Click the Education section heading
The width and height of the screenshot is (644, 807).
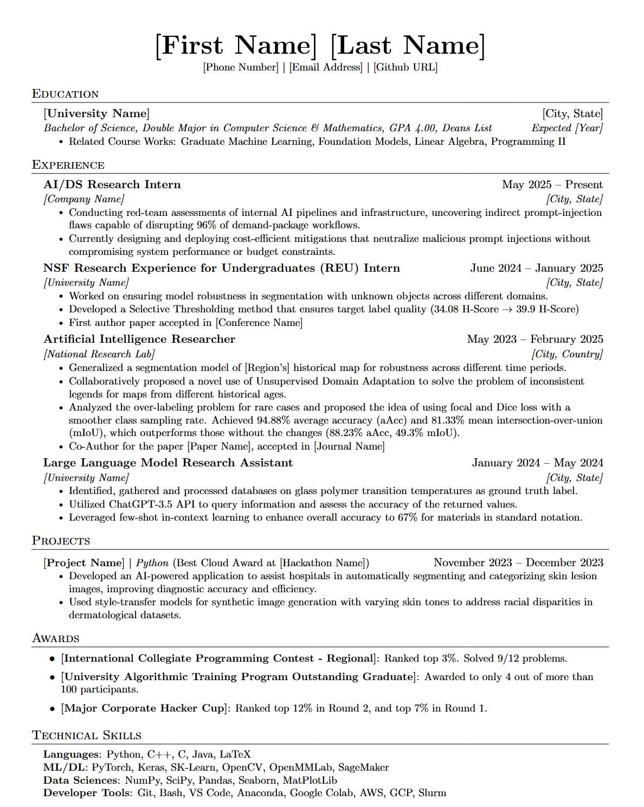(x=65, y=94)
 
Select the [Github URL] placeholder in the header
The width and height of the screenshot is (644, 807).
(x=405, y=67)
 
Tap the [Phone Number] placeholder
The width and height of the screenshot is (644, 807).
(x=241, y=67)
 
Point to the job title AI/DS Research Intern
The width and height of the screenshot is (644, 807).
(x=112, y=185)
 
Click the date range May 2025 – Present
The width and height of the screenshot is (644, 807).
(x=552, y=185)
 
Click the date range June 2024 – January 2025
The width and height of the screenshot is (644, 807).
(x=536, y=268)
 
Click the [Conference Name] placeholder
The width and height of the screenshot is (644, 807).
(x=259, y=323)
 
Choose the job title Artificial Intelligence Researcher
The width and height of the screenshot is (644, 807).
(x=139, y=340)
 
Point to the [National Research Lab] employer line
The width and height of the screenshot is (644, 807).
(x=99, y=354)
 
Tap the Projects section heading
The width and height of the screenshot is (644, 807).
(x=61, y=541)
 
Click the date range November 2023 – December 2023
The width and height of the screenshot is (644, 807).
(x=518, y=563)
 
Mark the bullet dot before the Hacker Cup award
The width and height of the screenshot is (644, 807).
(x=53, y=709)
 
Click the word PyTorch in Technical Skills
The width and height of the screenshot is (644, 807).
(x=112, y=767)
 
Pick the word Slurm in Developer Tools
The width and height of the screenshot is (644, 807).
(x=432, y=793)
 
